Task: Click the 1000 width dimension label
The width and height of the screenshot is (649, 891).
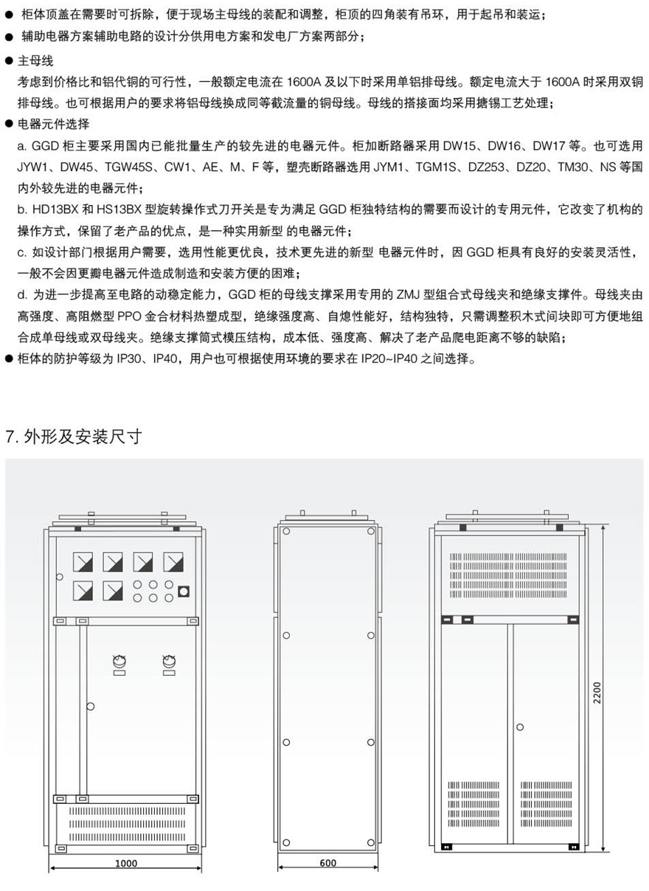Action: click(126, 863)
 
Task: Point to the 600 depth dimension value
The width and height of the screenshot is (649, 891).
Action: click(328, 863)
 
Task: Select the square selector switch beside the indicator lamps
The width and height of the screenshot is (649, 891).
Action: click(184, 591)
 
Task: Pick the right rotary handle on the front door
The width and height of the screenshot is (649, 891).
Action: click(169, 662)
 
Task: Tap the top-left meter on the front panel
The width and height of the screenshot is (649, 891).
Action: click(83, 562)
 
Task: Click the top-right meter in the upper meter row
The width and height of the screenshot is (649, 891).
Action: click(173, 562)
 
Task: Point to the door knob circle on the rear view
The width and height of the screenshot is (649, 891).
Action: click(520, 727)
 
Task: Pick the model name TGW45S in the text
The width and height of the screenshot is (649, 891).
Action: click(145, 167)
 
